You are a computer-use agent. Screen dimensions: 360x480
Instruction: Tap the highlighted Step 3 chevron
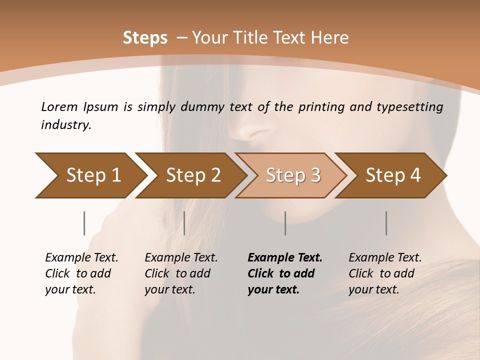(x=291, y=175)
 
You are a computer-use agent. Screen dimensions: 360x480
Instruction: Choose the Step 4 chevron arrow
(x=391, y=175)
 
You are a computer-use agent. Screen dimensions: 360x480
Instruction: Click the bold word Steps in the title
(x=145, y=37)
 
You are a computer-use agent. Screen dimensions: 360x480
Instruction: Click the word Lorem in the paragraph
(x=59, y=106)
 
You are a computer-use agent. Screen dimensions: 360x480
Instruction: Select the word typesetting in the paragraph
(x=412, y=107)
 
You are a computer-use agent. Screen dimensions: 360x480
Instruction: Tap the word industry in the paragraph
(x=66, y=124)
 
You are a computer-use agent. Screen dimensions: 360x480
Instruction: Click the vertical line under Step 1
(x=84, y=223)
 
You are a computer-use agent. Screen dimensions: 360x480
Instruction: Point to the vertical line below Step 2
(x=184, y=223)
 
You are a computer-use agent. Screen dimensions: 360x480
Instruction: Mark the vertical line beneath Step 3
(x=285, y=223)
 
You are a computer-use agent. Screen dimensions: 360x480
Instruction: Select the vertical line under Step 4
(x=386, y=223)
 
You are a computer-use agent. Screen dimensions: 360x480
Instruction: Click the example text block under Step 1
(x=81, y=273)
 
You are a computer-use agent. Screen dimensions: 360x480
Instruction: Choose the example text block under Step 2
(x=181, y=273)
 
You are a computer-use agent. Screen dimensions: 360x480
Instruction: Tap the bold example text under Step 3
(x=285, y=273)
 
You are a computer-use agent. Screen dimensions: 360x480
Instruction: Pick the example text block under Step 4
(x=385, y=273)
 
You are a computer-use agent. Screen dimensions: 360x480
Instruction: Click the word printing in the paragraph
(x=317, y=107)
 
